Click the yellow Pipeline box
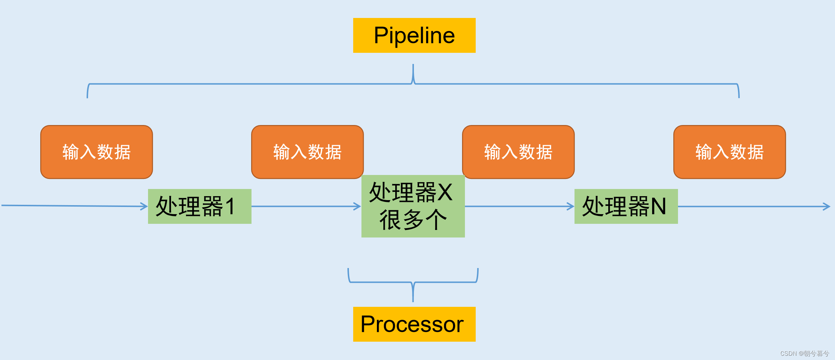pos(414,35)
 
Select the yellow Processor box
pos(414,324)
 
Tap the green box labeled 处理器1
pos(199,206)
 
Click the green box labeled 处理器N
pos(626,206)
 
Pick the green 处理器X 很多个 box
pos(413,206)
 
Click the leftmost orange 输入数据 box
pos(96,152)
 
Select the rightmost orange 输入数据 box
pos(729,152)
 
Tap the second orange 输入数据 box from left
pos(307,152)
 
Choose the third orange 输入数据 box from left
pos(518,152)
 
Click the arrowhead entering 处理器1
pos(144,206)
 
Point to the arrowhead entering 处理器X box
pos(358,206)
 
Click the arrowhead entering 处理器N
pos(571,206)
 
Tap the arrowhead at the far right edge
pos(827,207)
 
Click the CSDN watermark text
pos(804,354)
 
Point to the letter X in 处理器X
pos(445,192)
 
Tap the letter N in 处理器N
pos(658,206)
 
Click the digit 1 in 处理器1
pos(230,206)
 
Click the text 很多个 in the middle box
pos(413,220)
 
